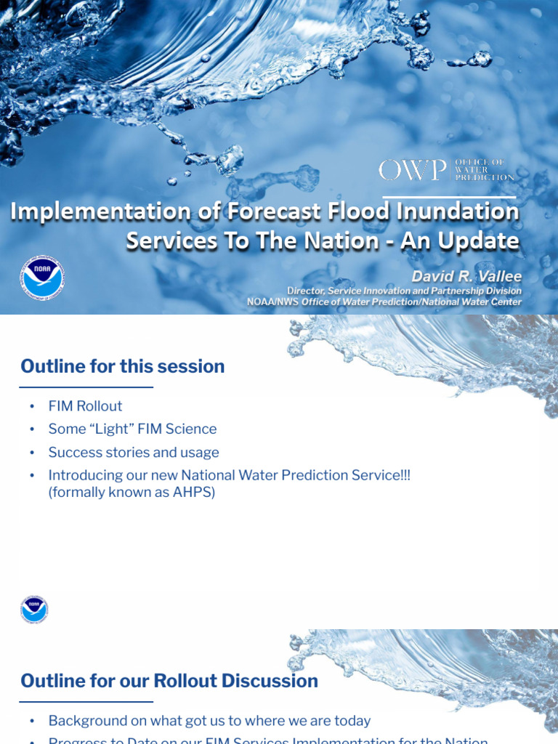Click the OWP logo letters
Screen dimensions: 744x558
tap(412, 170)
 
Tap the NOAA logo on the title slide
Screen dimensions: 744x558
tap(41, 277)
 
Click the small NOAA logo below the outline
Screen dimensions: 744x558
tap(34, 610)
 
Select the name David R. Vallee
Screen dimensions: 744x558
tap(466, 277)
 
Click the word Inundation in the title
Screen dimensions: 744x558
tap(456, 211)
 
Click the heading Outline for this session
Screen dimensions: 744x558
tap(123, 366)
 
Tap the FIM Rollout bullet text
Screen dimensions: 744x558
tap(85, 406)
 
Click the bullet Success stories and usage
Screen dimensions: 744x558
tap(134, 453)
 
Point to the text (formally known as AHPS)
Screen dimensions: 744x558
tap(132, 493)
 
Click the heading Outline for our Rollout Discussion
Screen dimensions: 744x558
tap(169, 681)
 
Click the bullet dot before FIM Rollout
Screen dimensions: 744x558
tap(32, 407)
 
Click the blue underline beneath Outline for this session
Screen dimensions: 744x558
tap(86, 387)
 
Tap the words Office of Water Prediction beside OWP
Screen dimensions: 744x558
tap(483, 169)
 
